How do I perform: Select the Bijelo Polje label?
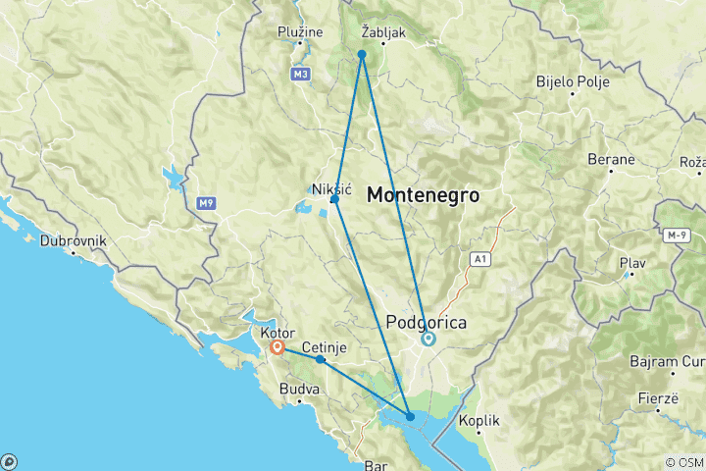pos(569,81)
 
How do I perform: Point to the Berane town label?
pos(613,159)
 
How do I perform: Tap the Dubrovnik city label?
pos(74,240)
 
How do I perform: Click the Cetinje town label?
pos(324,347)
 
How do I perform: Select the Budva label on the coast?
pos(300,390)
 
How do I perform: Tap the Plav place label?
pos(632,263)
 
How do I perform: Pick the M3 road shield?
pos(300,74)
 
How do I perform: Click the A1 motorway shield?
pos(479,259)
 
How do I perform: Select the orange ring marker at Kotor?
pos(278,346)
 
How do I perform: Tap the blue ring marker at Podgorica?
pos(428,340)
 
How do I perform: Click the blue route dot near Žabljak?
pos(362,54)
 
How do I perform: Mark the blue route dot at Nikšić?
pos(335,199)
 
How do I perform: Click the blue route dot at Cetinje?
pos(321,359)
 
